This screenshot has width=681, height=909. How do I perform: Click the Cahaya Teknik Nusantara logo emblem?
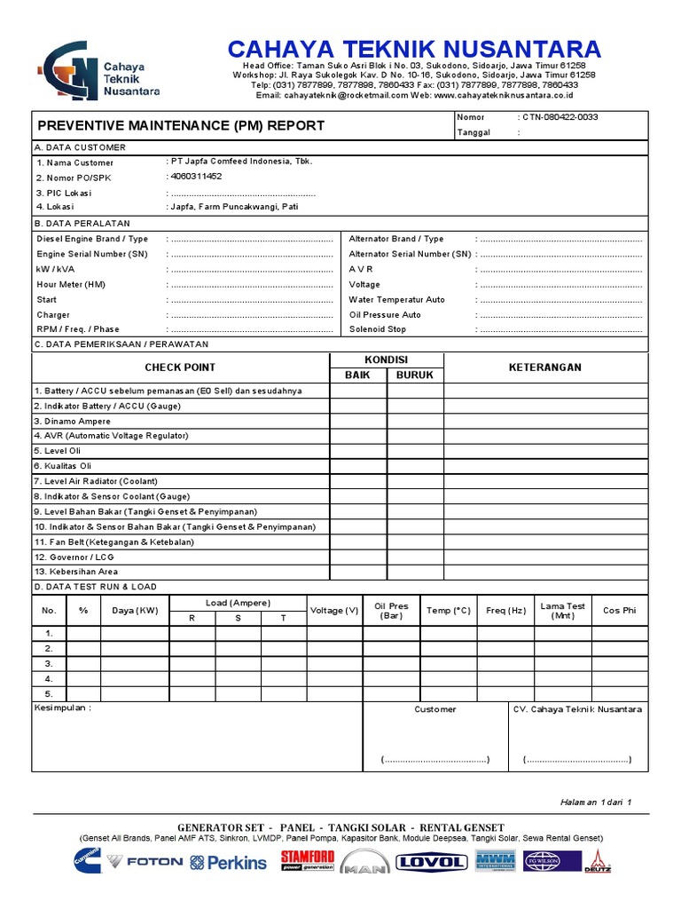67,71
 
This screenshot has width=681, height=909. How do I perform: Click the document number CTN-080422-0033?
560,117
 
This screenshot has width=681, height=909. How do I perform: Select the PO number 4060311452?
195,177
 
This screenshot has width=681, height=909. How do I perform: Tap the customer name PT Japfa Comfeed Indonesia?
240,162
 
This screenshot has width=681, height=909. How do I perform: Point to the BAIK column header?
357,375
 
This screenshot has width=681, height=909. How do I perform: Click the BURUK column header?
415,375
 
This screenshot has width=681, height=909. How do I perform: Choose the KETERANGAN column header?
545,367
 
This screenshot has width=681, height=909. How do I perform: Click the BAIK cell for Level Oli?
357,451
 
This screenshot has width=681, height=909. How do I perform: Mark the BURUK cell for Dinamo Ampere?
415,421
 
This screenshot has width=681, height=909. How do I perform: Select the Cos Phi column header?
619,611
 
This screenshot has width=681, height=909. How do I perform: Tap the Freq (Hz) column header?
506,611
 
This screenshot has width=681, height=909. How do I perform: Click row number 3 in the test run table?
50,664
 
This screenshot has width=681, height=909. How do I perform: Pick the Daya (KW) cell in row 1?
135,634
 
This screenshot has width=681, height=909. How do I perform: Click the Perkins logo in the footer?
228,862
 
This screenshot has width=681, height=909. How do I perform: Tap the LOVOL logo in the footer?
431,862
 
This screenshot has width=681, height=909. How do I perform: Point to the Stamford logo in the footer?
308,859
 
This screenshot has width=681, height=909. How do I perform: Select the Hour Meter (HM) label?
71,284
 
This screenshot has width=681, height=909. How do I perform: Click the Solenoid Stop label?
378,329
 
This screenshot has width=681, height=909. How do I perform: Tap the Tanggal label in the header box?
474,132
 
